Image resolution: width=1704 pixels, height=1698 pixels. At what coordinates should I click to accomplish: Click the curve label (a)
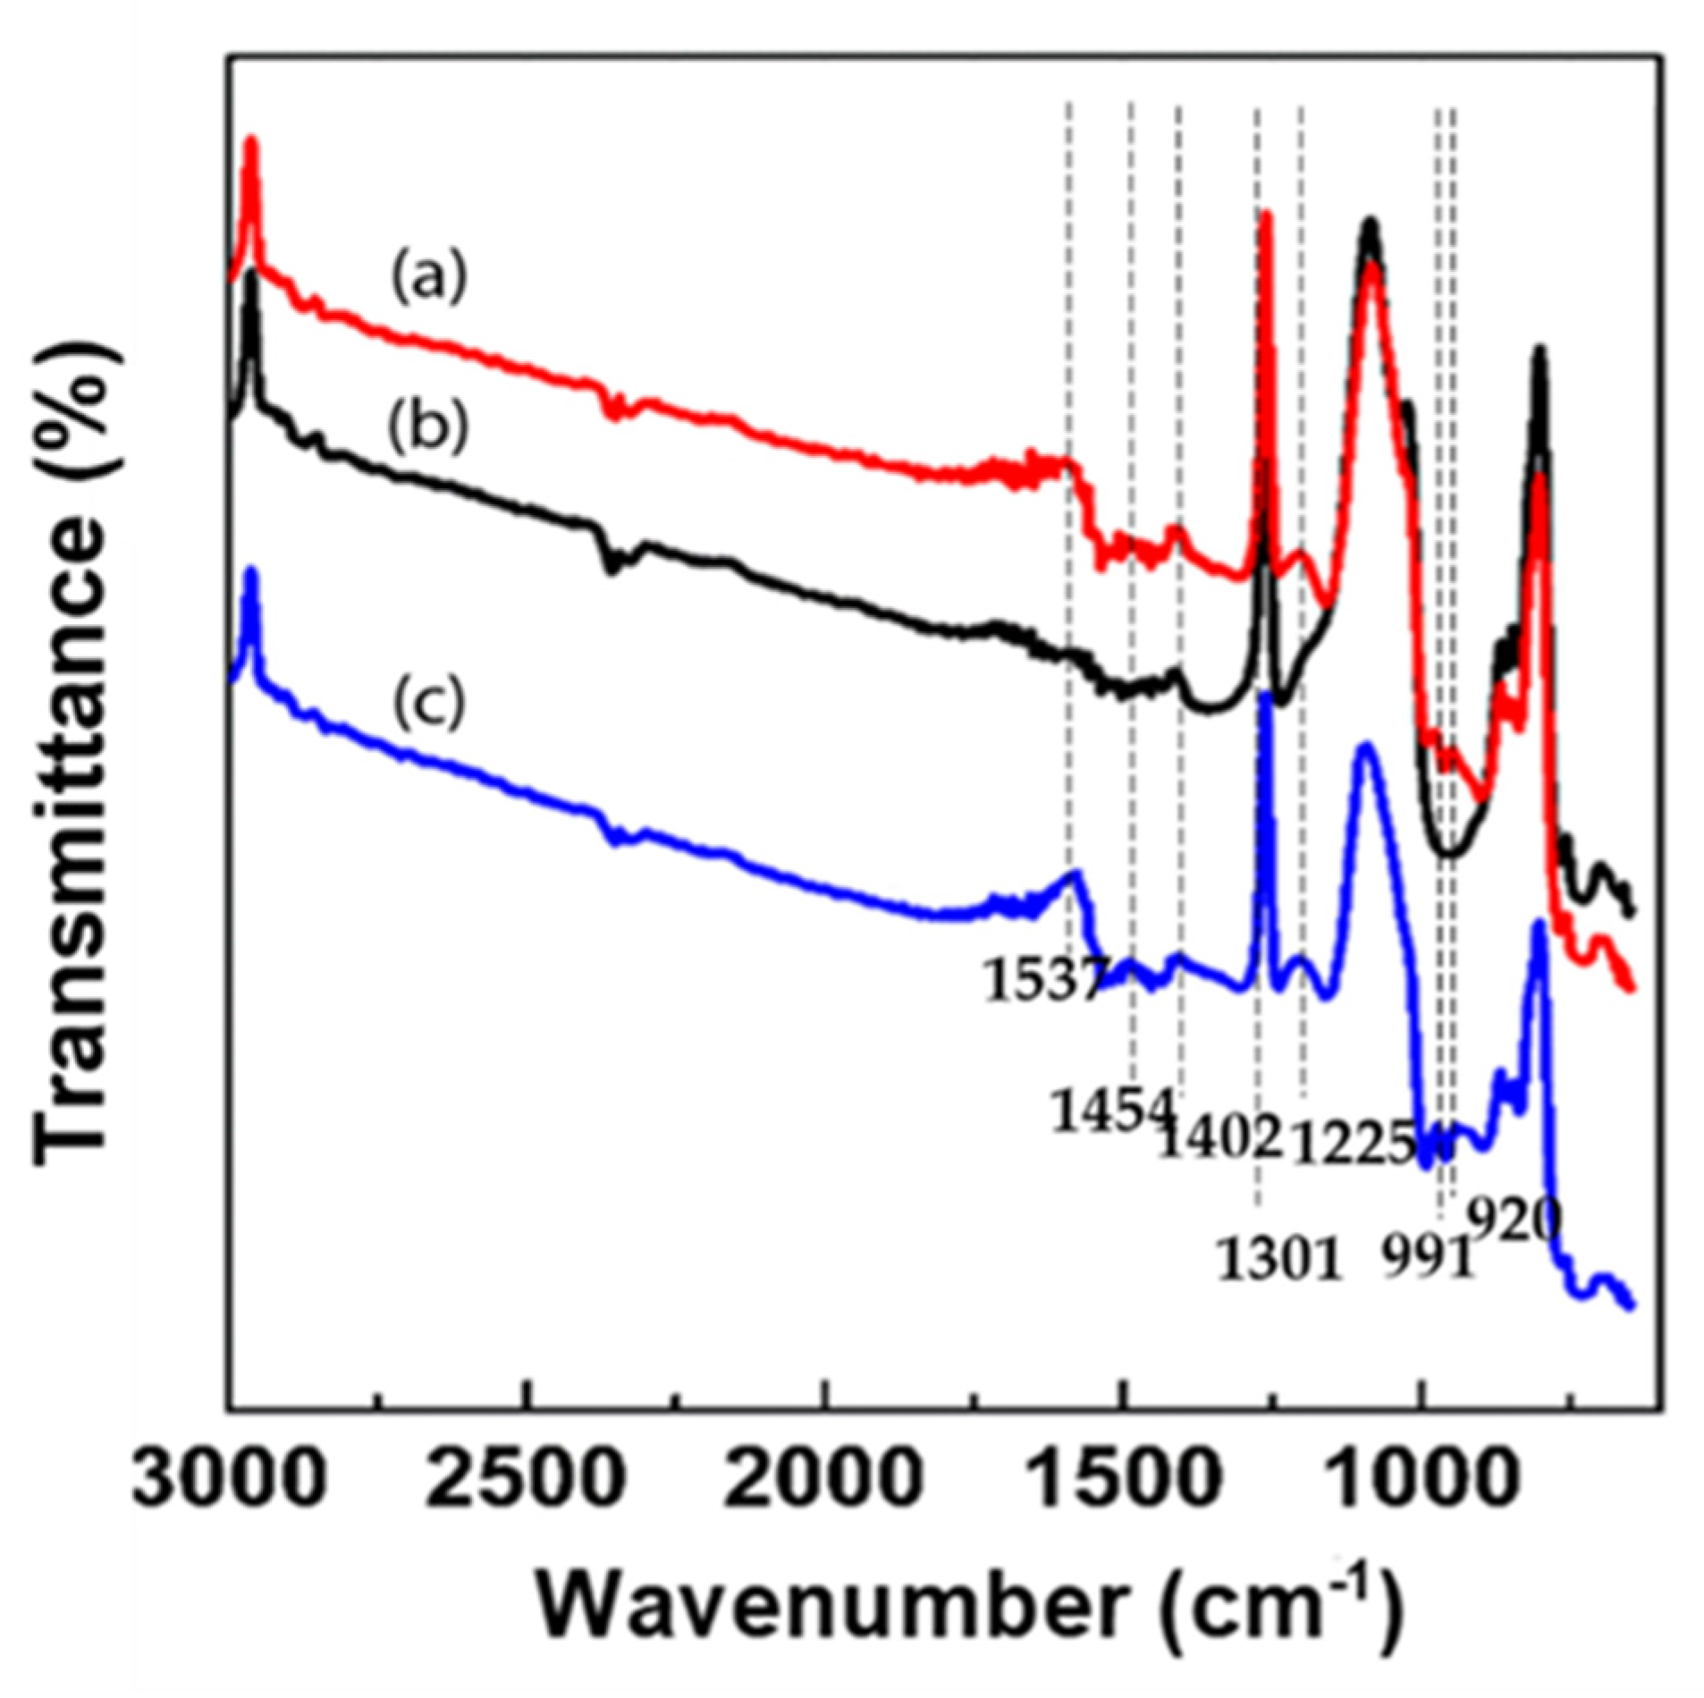point(427,278)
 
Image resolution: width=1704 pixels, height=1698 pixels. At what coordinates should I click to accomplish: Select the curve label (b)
point(427,429)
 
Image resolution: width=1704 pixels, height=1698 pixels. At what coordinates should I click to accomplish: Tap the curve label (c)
point(427,703)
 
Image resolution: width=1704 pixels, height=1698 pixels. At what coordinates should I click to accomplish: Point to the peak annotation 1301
point(1279,1261)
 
